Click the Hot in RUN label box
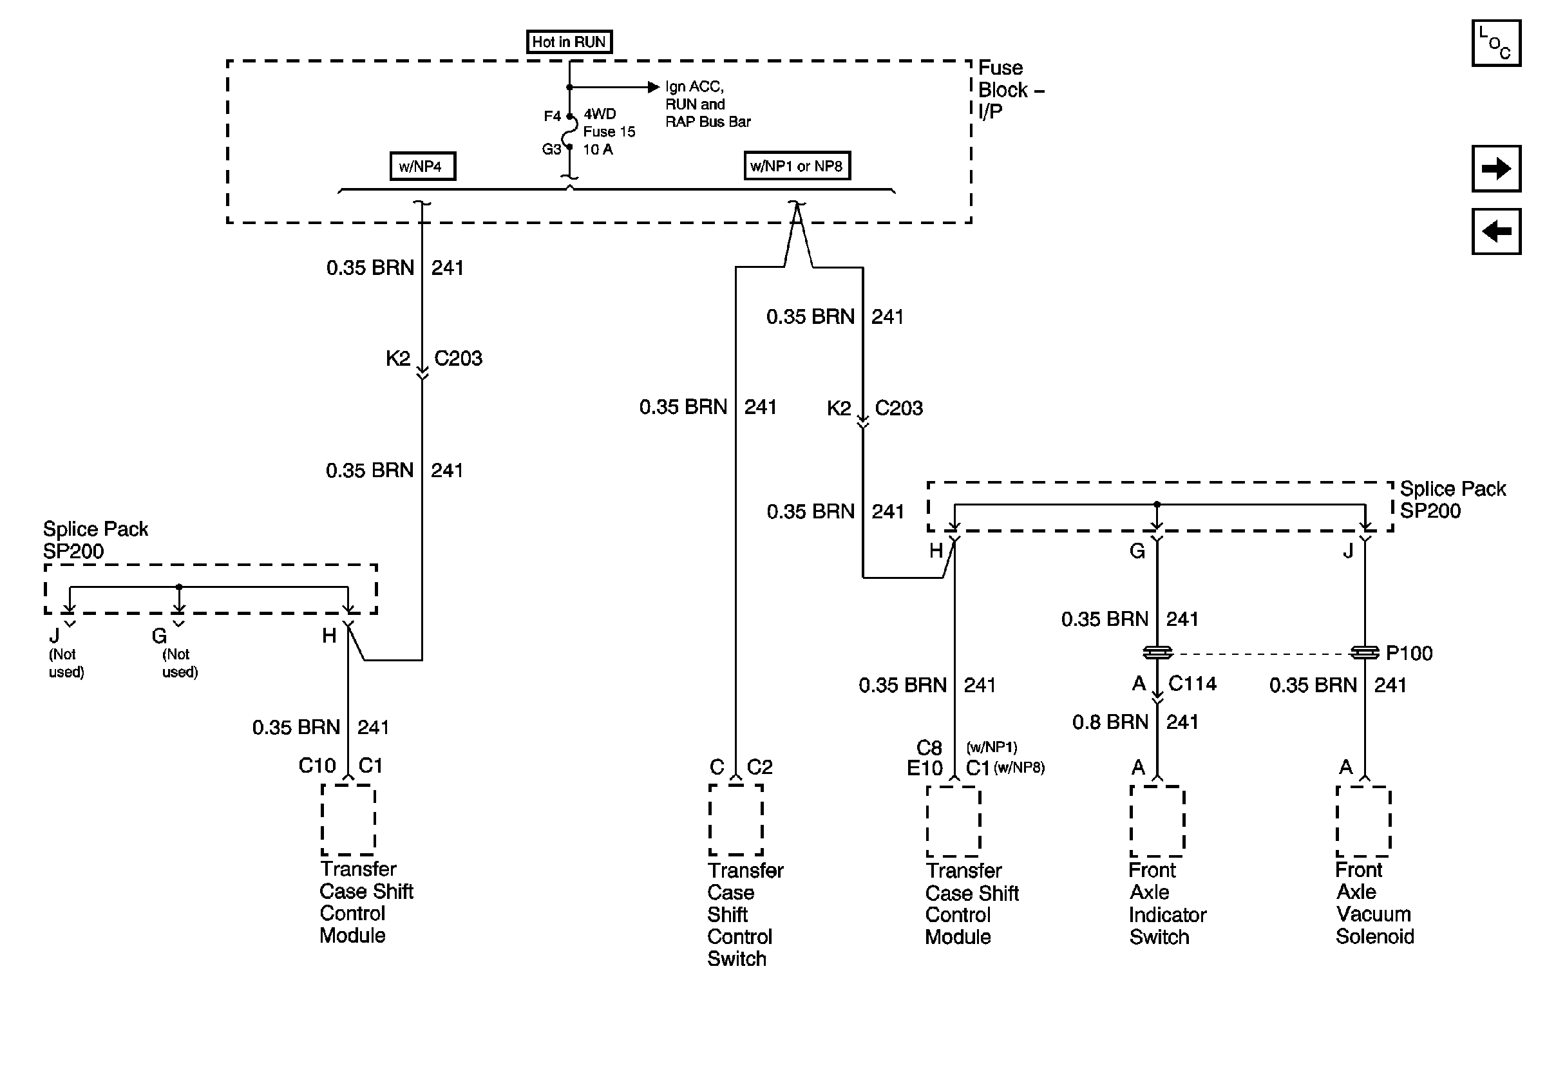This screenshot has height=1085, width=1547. [569, 42]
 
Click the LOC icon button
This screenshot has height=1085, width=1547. [1495, 43]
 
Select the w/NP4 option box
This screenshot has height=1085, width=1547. [422, 166]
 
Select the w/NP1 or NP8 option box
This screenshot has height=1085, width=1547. [797, 165]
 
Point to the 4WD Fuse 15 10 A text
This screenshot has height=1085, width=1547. [608, 132]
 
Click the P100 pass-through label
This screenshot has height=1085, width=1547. [1409, 654]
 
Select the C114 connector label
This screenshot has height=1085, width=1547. [1192, 684]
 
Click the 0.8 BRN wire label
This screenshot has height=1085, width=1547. [1110, 722]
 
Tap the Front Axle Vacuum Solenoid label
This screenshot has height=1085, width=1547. [1374, 903]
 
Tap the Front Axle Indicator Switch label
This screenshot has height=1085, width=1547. [1166, 903]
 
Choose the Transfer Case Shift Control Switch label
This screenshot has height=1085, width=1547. [744, 914]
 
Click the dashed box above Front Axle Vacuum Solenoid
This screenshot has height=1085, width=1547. [1363, 821]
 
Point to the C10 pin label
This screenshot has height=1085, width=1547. [317, 766]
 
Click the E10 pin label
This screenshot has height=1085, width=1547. [924, 768]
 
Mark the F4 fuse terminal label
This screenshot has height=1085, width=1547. [552, 117]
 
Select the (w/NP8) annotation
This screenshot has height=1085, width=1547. [1019, 768]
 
